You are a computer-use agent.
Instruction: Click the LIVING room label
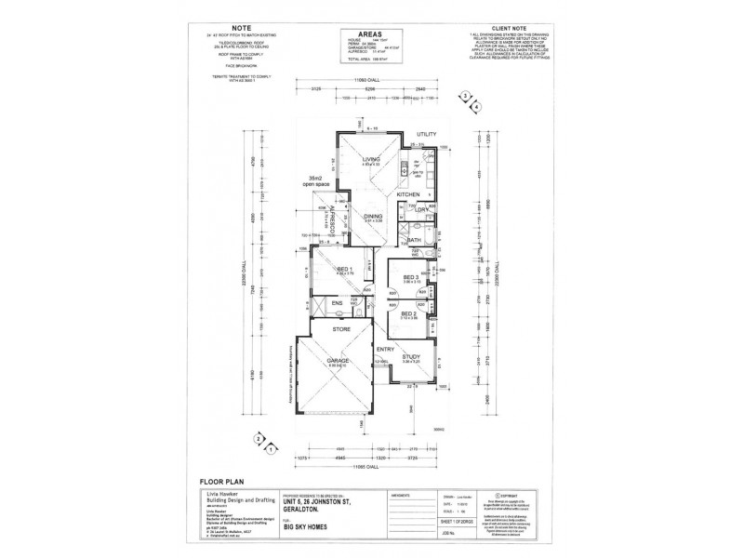click(372, 160)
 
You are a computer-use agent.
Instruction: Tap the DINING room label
click(373, 217)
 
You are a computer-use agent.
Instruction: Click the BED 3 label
click(410, 278)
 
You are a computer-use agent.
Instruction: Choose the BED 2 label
click(408, 314)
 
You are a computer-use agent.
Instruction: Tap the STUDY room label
click(411, 356)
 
